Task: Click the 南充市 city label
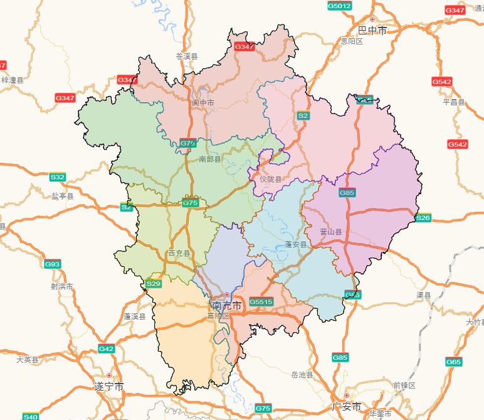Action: (x=226, y=306)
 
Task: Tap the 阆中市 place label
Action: (x=203, y=102)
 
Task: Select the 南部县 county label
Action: (x=210, y=159)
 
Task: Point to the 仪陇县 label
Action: (x=271, y=179)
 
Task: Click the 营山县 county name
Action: (x=331, y=232)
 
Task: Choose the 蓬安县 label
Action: (x=296, y=244)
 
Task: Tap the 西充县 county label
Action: (x=179, y=253)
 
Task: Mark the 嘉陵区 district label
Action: (x=219, y=316)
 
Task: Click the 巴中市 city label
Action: (x=372, y=30)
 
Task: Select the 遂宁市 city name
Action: (x=108, y=386)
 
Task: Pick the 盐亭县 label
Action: (x=63, y=196)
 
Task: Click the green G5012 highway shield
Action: (x=339, y=6)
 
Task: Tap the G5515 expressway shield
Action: (x=261, y=302)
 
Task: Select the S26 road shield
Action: (x=423, y=218)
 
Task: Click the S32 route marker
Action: (x=58, y=177)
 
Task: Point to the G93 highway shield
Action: (x=53, y=265)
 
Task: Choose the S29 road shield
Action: (x=154, y=284)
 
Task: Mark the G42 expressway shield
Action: (x=106, y=349)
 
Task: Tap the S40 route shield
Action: (x=30, y=416)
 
